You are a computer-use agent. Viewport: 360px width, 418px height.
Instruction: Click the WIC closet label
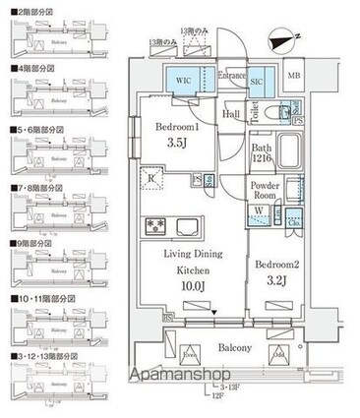pyautogui.click(x=184, y=79)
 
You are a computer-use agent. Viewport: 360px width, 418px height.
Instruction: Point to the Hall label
pyautogui.click(x=231, y=115)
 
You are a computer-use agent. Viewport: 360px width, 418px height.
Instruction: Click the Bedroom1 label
pyautogui.click(x=177, y=129)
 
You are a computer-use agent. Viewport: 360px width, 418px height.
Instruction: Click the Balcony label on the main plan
pyautogui.click(x=225, y=349)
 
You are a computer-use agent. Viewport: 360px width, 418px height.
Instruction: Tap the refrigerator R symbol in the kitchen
pyautogui.click(x=153, y=178)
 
